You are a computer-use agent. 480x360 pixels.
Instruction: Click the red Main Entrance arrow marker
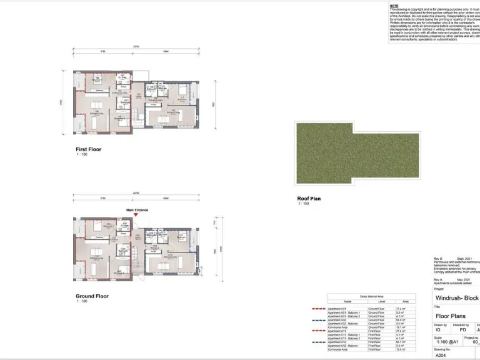136,215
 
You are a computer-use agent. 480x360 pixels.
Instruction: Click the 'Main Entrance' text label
137,210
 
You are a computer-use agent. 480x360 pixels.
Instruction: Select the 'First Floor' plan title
88,149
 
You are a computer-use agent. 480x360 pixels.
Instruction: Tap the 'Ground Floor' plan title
92,296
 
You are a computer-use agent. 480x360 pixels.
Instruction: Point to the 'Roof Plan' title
309,199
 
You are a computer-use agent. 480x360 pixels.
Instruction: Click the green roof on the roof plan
356,153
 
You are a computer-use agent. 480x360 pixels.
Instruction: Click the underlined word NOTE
394,6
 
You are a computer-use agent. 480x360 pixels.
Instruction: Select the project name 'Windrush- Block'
457,299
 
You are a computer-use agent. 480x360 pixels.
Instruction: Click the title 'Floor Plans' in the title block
451,316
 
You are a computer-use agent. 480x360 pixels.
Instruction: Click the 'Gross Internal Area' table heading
371,296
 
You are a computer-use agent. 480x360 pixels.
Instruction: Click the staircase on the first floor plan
133,115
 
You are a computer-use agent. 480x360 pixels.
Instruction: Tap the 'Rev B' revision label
438,258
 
